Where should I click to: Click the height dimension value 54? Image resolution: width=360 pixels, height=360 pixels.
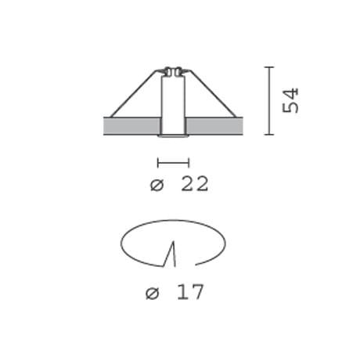pyautogui.click(x=290, y=100)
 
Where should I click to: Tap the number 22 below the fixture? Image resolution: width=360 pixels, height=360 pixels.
pyautogui.click(x=195, y=183)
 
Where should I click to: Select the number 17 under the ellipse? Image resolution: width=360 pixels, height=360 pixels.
pyautogui.click(x=190, y=292)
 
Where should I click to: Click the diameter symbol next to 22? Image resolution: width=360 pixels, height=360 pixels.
pyautogui.click(x=157, y=185)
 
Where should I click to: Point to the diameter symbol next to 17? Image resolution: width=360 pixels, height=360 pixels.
pyautogui.click(x=152, y=293)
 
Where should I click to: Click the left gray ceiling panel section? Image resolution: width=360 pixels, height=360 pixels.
pyautogui.click(x=131, y=126)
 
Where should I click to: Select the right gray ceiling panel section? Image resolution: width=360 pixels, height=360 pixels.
pyautogui.click(x=215, y=126)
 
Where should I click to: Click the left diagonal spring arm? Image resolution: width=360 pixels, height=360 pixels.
pyautogui.click(x=134, y=94)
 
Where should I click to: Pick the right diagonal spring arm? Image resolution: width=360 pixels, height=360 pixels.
pyautogui.click(x=212, y=94)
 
